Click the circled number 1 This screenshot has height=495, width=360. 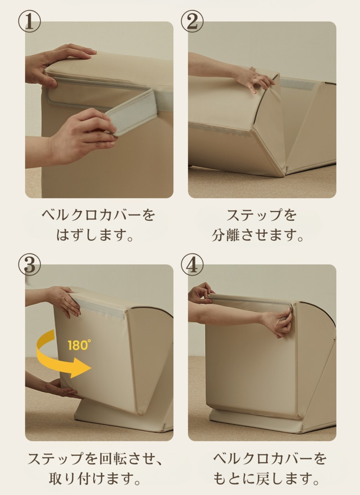29,21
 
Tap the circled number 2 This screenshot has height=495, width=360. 192,21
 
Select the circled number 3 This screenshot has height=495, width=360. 29,265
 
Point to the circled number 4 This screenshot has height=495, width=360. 192,265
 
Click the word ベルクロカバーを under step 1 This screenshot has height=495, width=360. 98,215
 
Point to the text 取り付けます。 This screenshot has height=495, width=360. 95,479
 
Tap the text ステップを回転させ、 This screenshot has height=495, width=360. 95,459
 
